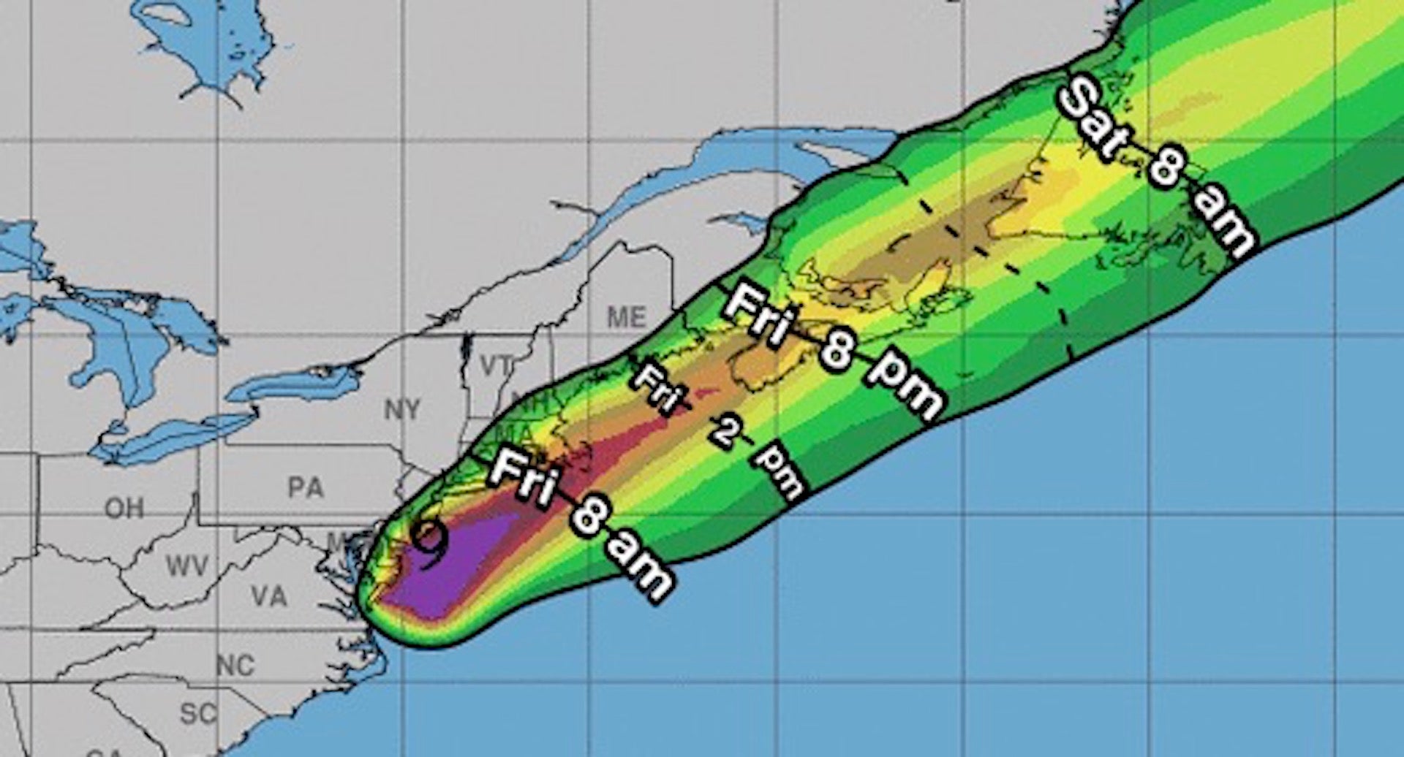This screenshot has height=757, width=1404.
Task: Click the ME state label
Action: click(627, 318)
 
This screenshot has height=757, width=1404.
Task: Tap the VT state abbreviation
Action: click(497, 364)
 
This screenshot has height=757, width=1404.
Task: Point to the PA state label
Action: click(306, 487)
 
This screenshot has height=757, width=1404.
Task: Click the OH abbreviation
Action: click(124, 507)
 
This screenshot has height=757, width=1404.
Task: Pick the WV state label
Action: click(186, 566)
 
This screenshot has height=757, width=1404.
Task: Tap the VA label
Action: click(268, 596)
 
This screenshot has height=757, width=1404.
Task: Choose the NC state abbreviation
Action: click(235, 666)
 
